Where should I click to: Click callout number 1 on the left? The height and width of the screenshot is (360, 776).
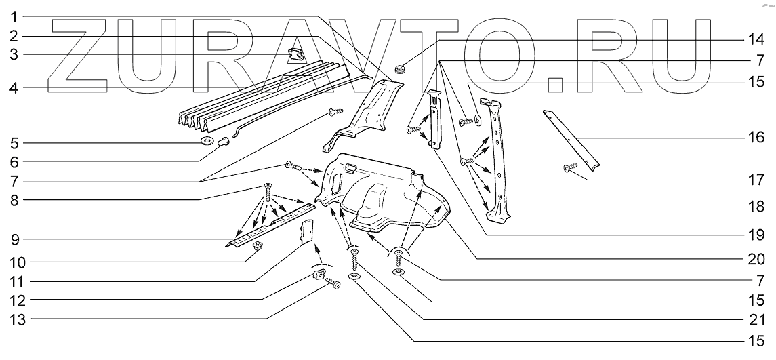coord(14,16)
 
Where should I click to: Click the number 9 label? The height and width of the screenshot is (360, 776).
coord(14,240)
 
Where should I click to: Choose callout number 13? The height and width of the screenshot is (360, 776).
coord(14,319)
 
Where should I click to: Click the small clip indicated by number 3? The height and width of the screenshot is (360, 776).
coord(293,54)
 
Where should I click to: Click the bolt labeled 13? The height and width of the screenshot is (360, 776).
coord(333,284)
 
